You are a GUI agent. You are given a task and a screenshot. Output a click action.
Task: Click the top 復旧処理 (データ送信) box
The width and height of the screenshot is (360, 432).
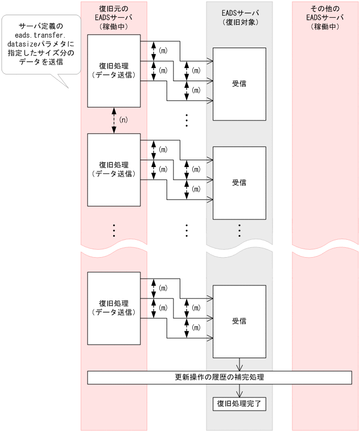(x=114, y=70)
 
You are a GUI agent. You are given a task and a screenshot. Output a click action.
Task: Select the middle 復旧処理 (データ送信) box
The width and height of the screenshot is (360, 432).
(x=114, y=170)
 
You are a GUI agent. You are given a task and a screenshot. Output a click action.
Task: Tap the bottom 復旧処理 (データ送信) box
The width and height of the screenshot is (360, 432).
(x=114, y=308)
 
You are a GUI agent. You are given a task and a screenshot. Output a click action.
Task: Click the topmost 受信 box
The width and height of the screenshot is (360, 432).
(x=239, y=84)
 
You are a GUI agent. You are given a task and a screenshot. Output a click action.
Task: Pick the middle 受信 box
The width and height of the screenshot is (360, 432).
(x=239, y=183)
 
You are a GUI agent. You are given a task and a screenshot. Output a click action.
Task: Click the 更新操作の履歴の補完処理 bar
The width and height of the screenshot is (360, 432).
(x=219, y=377)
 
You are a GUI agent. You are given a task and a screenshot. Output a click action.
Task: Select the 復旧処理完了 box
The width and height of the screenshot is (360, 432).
(x=239, y=404)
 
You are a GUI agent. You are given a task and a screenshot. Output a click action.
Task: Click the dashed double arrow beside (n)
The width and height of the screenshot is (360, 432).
(x=114, y=119)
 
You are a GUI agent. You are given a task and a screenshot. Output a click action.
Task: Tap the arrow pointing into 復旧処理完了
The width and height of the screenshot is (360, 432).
(x=239, y=391)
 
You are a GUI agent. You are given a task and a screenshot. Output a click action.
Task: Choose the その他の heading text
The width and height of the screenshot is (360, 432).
(x=325, y=8)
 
